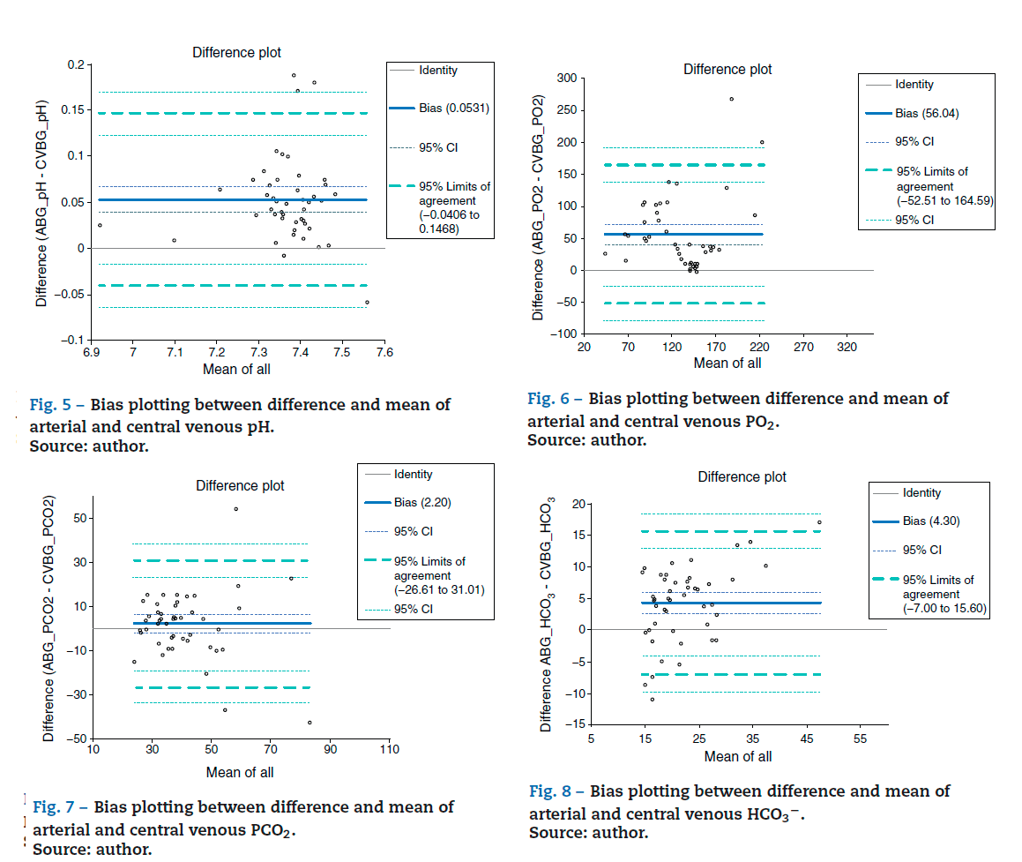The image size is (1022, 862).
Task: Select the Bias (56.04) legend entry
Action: (927, 113)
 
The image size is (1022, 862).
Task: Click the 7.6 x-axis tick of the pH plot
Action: (385, 353)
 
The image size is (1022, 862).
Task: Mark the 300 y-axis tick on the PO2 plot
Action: (564, 79)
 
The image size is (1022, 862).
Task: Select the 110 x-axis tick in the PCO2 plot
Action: (389, 750)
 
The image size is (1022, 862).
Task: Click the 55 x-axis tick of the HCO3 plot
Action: (861, 738)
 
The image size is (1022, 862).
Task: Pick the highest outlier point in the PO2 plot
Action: (731, 99)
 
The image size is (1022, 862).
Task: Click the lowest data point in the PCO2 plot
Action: (310, 723)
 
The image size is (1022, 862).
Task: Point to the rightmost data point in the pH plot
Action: (367, 303)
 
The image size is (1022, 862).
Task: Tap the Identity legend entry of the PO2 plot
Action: (914, 85)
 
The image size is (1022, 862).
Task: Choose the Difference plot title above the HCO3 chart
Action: (742, 476)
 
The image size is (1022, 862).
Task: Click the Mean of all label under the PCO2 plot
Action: (240, 772)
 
